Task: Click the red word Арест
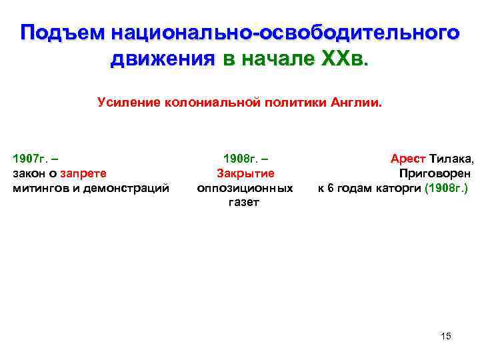coord(408,159)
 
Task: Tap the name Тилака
coord(452,159)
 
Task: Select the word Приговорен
coord(437,173)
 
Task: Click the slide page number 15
coord(446,335)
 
